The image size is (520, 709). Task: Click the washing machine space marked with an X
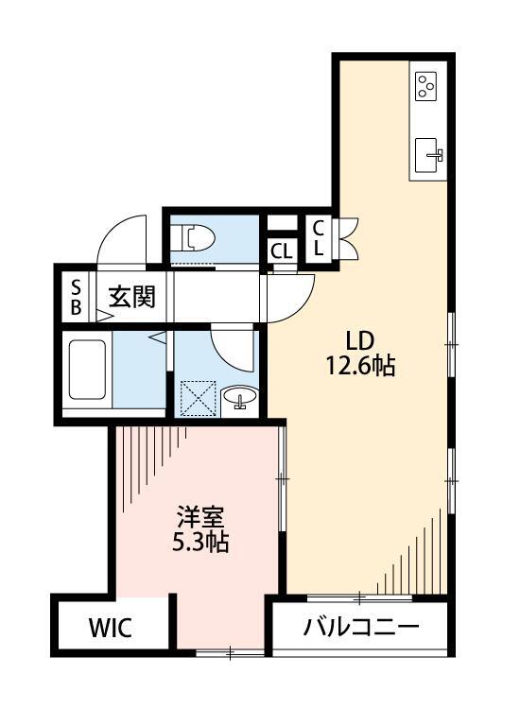pos(199,396)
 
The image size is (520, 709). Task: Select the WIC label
pos(112,628)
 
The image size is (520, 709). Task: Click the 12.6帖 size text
pos(360,367)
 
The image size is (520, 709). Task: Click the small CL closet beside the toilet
pos(281,251)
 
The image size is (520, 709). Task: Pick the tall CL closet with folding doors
pos(318,238)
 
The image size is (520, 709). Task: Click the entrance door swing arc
pos(121,236)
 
